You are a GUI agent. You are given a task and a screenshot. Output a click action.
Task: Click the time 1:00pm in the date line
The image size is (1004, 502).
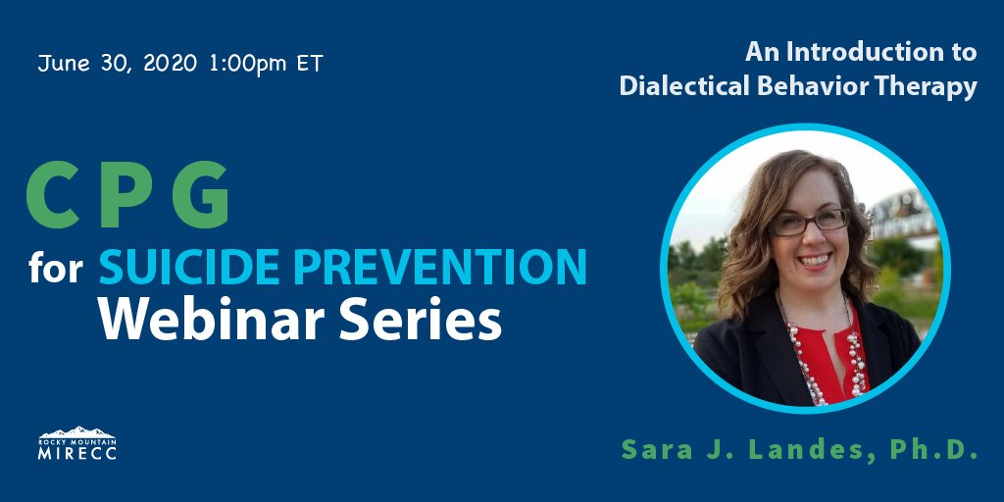tap(245, 65)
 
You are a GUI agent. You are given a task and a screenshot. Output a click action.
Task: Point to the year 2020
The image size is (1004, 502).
tap(171, 65)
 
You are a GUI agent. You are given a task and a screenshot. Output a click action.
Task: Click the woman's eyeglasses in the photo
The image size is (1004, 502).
tap(810, 221)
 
